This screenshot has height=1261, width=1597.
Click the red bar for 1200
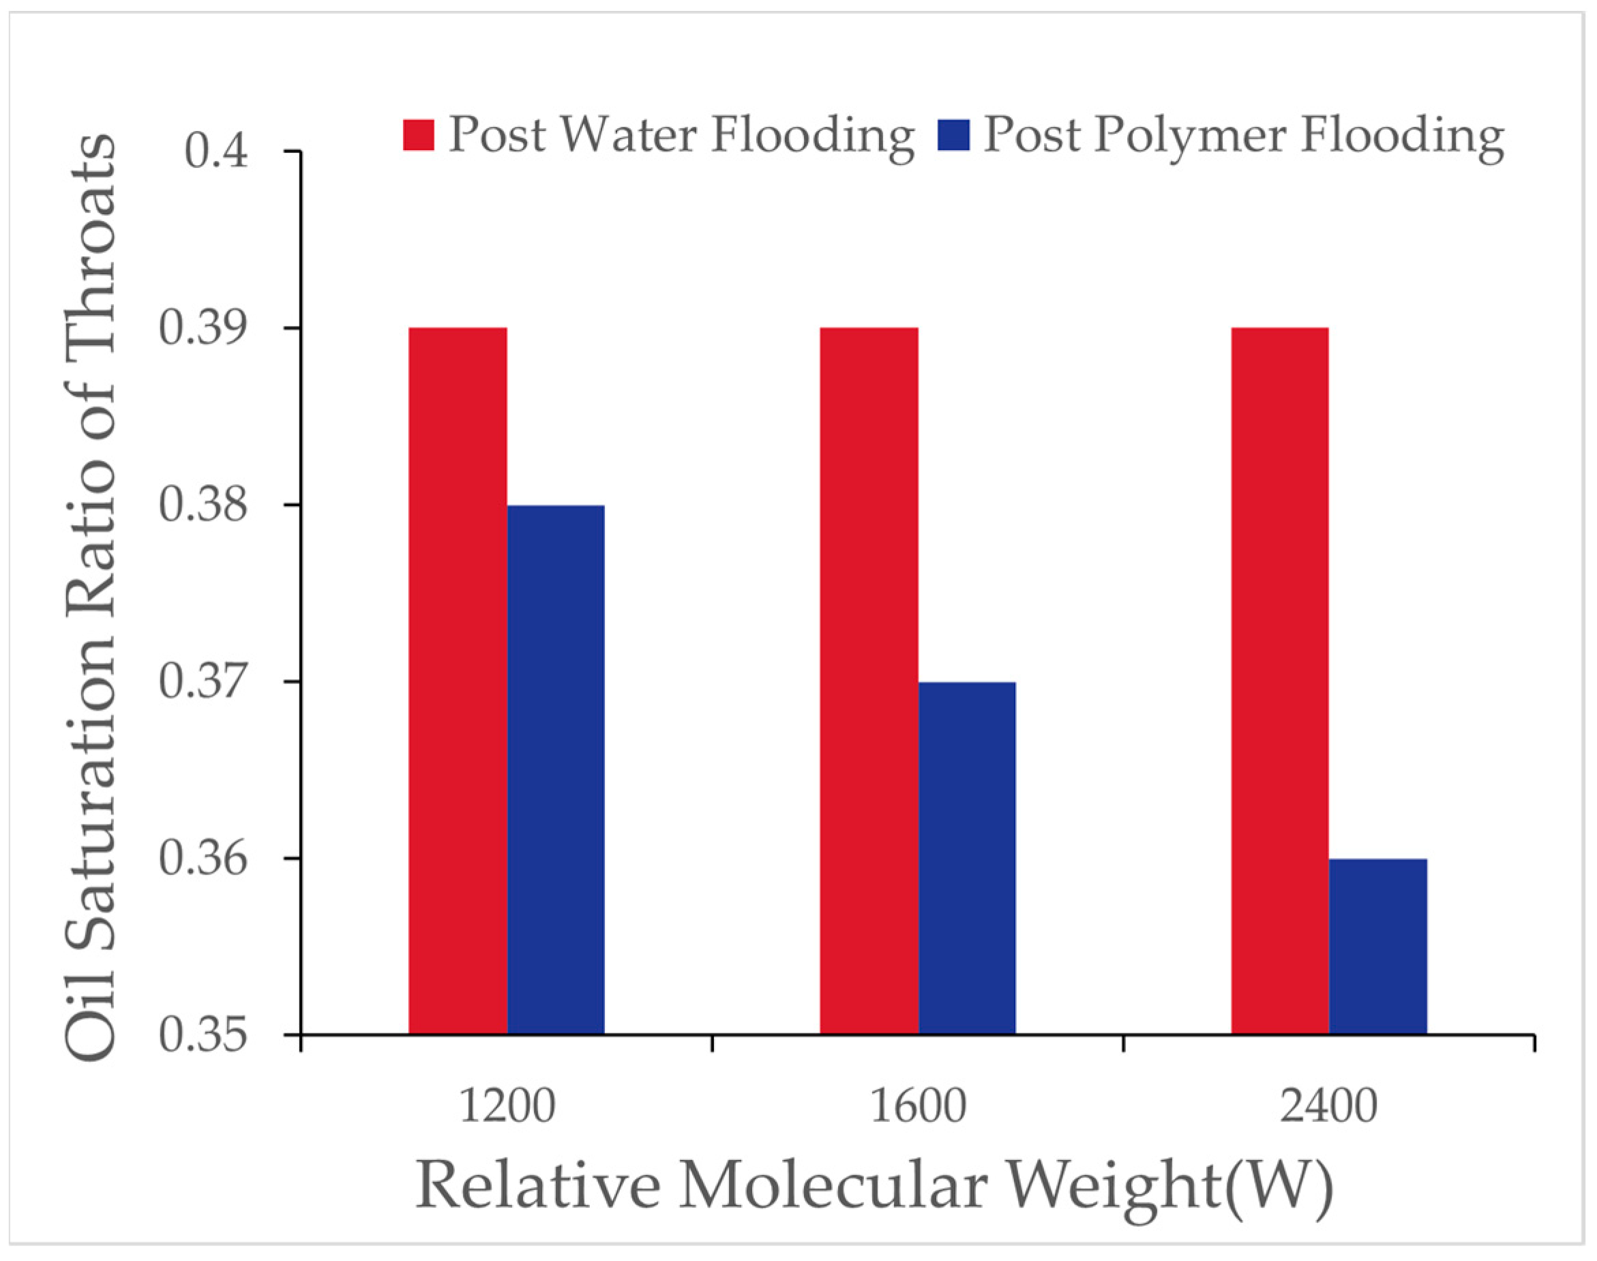pos(458,680)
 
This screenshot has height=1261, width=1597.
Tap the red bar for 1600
pos(869,680)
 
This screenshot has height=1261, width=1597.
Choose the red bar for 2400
pos(1280,680)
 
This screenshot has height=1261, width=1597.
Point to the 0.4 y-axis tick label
pos(216,151)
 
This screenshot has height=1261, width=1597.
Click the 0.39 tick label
pos(203,328)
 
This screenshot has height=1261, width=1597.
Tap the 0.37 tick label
pos(203,681)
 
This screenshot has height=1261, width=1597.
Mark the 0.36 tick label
pos(203,859)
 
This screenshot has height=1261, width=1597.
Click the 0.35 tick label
pos(203,1035)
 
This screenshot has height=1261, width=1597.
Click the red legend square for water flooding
pos(419,134)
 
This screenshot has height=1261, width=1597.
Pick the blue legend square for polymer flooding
pos(953,134)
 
